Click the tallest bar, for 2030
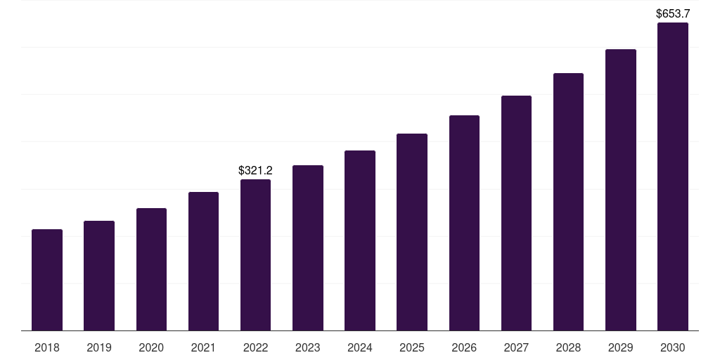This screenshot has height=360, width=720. pos(672,176)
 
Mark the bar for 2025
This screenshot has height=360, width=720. pos(412,232)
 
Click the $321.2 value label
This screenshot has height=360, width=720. pos(255,170)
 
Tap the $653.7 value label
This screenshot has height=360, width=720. pos(672,13)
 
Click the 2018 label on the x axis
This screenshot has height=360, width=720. pos(47,347)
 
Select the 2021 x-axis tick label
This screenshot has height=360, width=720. pos(203,347)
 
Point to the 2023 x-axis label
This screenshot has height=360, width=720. pos(307,347)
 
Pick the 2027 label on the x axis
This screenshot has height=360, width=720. pos(516,347)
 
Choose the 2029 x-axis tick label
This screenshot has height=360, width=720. pos(620,347)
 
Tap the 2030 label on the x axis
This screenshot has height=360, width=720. pos(672,347)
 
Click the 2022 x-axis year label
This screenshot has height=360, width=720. pos(255,347)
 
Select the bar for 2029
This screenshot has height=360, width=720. pos(620,190)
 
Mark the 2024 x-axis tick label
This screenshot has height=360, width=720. pos(360,347)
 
